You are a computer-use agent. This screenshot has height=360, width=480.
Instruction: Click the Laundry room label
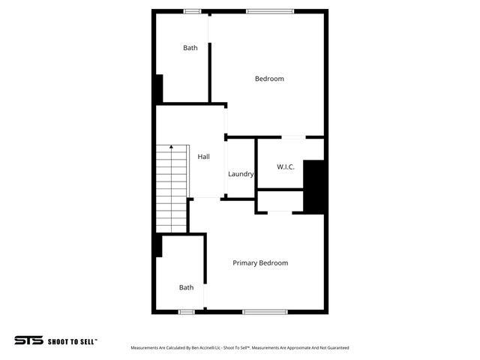tap(241, 174)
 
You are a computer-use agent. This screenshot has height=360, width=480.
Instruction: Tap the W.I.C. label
tap(285, 166)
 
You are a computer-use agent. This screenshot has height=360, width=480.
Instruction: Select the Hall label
tap(203, 157)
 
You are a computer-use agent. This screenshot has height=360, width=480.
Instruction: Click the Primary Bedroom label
tap(259, 263)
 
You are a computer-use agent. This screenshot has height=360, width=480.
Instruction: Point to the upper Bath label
tap(190, 48)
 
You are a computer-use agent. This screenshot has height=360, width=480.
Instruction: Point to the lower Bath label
tap(186, 287)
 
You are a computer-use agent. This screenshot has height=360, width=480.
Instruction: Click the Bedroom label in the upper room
tap(269, 79)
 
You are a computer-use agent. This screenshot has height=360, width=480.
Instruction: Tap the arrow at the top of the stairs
tap(171, 147)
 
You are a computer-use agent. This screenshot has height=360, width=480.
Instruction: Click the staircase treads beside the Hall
tap(172, 191)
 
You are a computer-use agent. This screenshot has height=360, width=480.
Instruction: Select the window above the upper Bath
tap(193, 11)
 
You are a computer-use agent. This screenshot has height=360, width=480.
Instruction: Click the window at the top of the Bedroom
tap(270, 11)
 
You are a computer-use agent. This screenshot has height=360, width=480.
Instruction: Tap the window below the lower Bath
tap(187, 311)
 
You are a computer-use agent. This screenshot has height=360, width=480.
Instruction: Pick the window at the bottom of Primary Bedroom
tap(265, 311)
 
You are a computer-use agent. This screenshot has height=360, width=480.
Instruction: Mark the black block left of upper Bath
tap(158, 89)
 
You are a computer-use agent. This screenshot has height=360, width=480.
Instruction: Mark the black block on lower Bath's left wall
tap(158, 245)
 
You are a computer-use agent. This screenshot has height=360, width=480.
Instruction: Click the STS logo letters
tap(28, 340)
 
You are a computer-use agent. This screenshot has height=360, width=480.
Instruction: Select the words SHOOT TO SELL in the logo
tap(72, 341)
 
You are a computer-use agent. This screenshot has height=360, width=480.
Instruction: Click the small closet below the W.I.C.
tap(280, 201)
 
